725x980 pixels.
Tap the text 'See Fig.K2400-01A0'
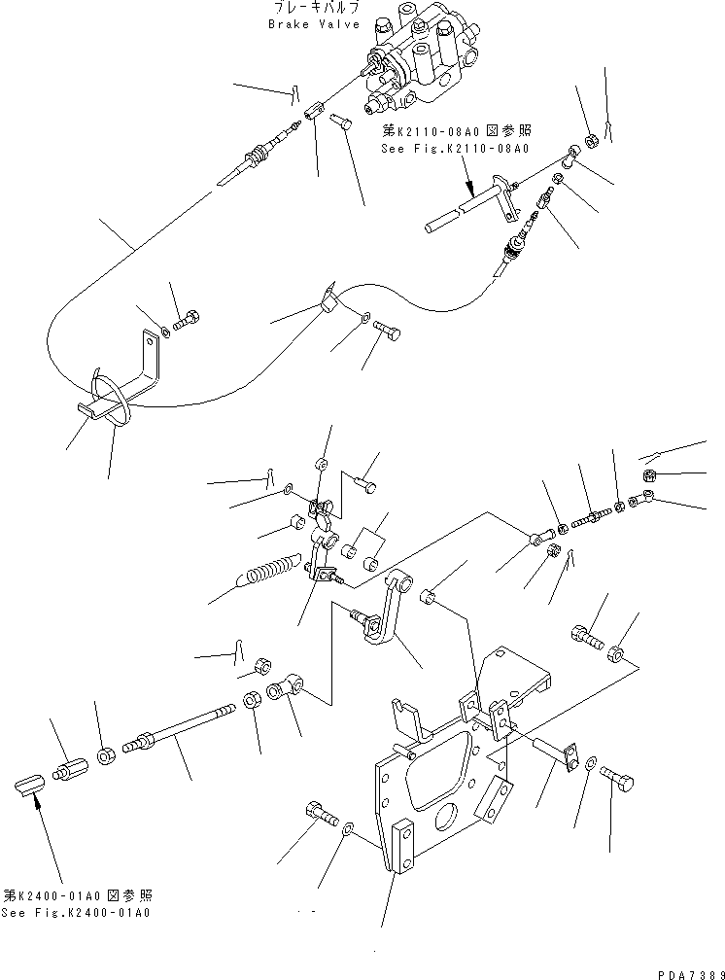(77, 913)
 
